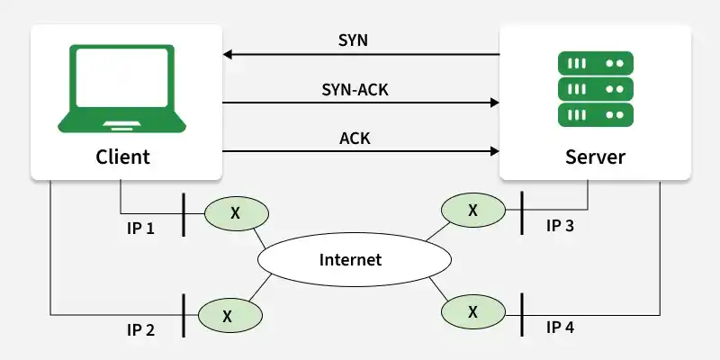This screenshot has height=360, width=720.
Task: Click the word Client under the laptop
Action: [x=122, y=157]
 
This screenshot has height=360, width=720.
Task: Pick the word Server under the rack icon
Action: [x=595, y=157]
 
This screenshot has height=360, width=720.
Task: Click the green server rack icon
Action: [x=595, y=88]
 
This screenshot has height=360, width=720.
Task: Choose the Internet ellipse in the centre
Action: [x=350, y=260]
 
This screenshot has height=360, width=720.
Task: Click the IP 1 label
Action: [x=140, y=228]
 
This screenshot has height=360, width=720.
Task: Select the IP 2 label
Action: [x=140, y=330]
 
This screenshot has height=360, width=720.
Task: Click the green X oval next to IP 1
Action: [x=236, y=213]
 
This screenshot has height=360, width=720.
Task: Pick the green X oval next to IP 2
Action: [x=228, y=315]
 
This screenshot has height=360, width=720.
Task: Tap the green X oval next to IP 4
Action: [x=472, y=312]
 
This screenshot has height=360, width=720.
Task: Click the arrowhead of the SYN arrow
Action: [x=228, y=55]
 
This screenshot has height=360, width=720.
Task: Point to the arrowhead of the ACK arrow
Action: [x=494, y=151]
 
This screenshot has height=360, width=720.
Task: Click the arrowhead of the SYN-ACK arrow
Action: [x=494, y=103]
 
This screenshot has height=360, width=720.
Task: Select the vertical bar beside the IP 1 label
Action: [x=184, y=214]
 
